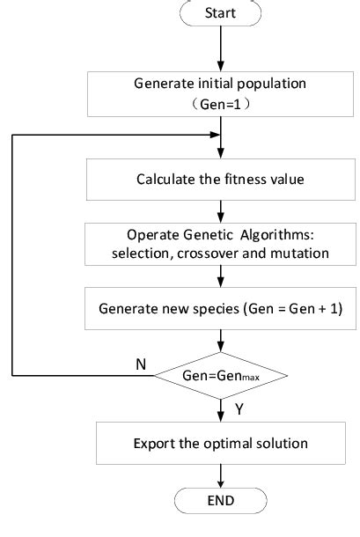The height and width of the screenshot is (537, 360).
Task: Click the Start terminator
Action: [x=220, y=13]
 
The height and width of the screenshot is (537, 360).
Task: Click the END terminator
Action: [x=220, y=501]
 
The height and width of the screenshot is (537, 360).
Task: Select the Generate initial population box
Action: [x=220, y=92]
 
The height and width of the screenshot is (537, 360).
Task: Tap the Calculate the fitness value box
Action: [x=220, y=179]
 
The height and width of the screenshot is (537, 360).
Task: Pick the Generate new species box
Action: [x=220, y=310]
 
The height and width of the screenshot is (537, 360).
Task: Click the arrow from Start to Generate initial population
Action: [x=220, y=48]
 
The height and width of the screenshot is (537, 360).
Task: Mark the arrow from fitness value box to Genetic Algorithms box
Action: [x=220, y=211]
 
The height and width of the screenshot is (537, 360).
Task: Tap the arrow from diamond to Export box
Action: [x=220, y=409]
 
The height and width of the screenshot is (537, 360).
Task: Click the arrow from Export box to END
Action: [x=220, y=475]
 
